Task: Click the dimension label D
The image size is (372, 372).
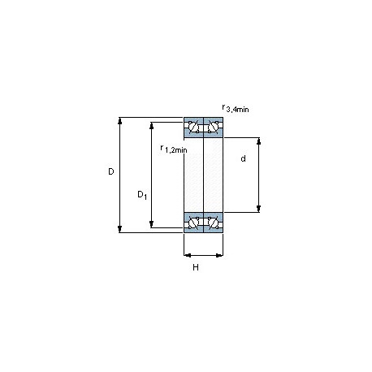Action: (111, 171)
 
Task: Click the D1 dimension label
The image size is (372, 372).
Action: (142, 195)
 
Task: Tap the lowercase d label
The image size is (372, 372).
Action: (243, 158)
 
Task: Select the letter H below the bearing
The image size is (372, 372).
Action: (196, 267)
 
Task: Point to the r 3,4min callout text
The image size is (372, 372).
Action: (236, 108)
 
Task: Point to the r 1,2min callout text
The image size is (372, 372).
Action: (174, 149)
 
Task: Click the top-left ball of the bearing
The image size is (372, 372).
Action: (193, 127)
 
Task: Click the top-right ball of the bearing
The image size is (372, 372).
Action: (213, 127)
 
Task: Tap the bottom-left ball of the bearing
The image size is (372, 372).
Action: (193, 223)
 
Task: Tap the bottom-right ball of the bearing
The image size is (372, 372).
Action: (213, 223)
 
